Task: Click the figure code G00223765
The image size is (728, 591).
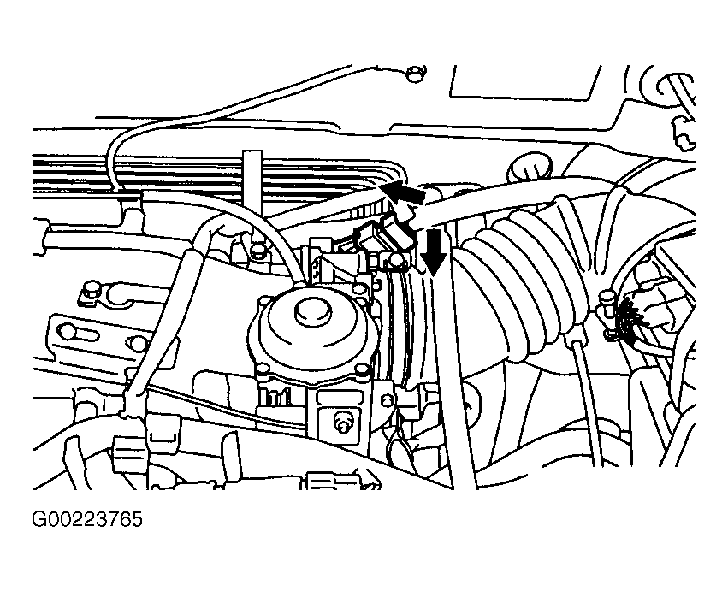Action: (86, 519)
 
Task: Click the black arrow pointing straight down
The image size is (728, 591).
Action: (435, 251)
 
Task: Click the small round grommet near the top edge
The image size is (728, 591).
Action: (414, 74)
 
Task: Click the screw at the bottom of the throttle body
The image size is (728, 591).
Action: (341, 423)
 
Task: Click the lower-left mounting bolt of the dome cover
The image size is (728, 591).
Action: (262, 370)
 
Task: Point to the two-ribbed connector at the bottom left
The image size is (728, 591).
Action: (128, 449)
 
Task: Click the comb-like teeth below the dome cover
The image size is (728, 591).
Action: (275, 396)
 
